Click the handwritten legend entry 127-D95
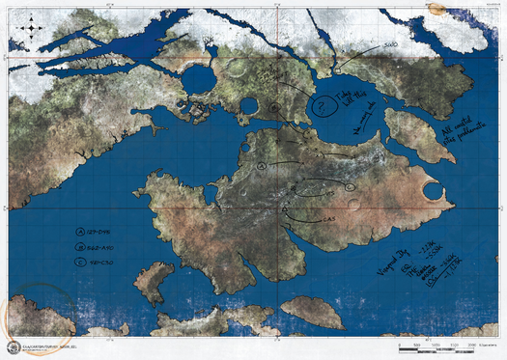click(93, 233)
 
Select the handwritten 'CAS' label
click(329, 221)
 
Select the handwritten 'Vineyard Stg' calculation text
click(425, 263)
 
